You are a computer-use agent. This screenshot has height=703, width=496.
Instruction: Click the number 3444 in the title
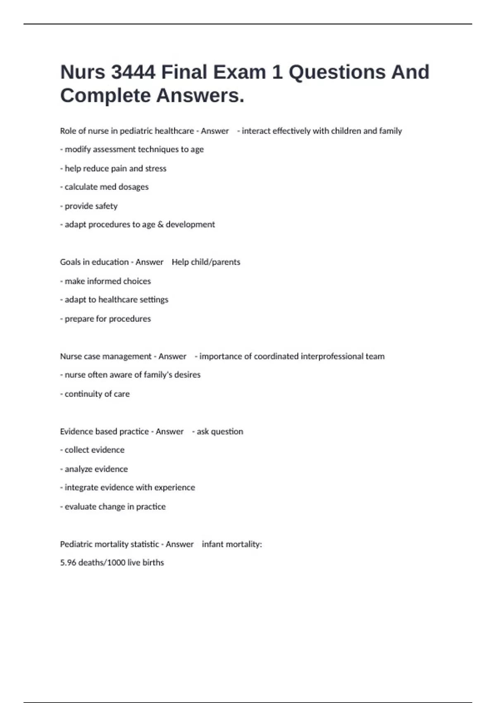(x=133, y=72)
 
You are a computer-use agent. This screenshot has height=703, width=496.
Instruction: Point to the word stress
(x=155, y=168)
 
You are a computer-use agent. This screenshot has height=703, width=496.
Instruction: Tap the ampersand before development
(x=160, y=225)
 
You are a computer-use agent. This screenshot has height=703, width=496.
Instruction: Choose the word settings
(x=153, y=299)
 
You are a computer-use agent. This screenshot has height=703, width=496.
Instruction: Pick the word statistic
(x=144, y=544)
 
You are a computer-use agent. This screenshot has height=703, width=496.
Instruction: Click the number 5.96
(x=68, y=563)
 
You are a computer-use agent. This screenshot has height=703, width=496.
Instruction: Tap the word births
(x=153, y=563)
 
